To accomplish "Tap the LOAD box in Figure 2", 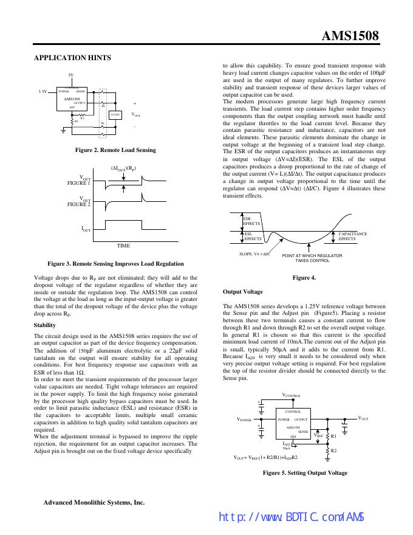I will click(115, 114).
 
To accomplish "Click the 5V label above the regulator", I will click(71, 75).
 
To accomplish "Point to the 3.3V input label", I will click(43, 92).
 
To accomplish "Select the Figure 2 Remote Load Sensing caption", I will click(115, 150).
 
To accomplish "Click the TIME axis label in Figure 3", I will click(123, 245).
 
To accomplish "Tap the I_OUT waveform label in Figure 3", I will click(86, 229).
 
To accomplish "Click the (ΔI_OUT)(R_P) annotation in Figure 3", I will click(123, 168).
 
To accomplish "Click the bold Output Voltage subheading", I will click(243, 292).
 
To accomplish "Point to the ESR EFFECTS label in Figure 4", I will click(251, 221).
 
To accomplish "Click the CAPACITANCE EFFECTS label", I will click(352, 236).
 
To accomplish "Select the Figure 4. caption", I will click(304, 278).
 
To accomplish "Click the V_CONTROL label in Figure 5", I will click(292, 395).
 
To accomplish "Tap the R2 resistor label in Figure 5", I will click(334, 450).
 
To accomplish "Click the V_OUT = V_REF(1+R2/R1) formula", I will click(266, 457).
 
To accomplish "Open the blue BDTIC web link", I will click(291, 517).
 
